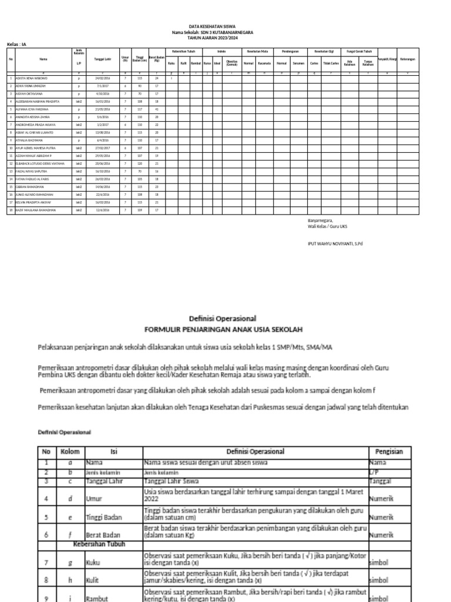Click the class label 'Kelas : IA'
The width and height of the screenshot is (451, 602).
coord(17,44)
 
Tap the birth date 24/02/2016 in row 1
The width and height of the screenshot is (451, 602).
coord(102,78)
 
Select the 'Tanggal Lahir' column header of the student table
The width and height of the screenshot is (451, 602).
coord(102,59)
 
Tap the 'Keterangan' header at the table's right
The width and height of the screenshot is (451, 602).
coord(408,59)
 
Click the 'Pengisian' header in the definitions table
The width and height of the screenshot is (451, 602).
coord(389,451)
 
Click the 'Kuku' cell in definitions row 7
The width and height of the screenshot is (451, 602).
coord(93,563)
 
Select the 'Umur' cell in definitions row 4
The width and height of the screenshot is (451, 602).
coord(94,498)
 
